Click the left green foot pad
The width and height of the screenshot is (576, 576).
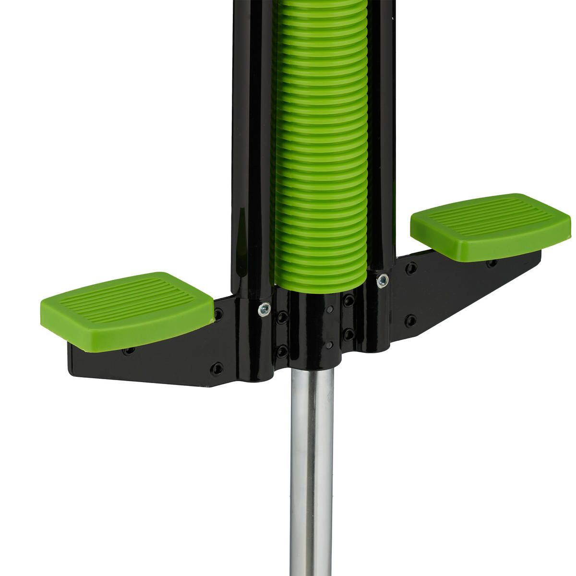pos(127,307)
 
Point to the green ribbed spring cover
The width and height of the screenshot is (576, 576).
pos(321,144)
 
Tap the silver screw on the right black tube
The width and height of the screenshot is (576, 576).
pos(382,280)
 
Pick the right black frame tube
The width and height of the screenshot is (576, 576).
pos(382,134)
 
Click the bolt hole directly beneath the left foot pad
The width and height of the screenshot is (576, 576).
pos(129,351)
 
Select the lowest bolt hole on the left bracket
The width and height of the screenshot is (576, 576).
pos(217,369)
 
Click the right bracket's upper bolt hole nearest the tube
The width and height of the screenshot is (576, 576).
pos(411,268)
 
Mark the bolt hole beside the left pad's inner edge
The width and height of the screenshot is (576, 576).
pos(218,315)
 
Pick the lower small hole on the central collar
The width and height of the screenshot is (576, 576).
pos(329,345)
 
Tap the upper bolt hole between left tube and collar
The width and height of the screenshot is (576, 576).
pos(283,317)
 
